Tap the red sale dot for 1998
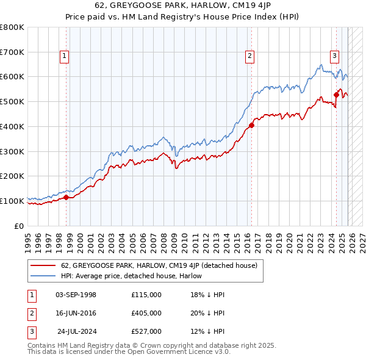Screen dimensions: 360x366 click(66, 197)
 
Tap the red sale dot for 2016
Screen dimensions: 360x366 click(251, 126)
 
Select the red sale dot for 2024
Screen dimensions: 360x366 click(336, 95)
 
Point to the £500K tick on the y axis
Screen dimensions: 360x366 click(12, 101)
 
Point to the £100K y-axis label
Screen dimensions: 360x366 click(12, 201)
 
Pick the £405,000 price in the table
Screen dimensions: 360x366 click(146, 313)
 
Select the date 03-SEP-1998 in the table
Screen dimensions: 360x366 click(76, 295)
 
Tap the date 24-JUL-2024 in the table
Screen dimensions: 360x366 click(77, 331)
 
